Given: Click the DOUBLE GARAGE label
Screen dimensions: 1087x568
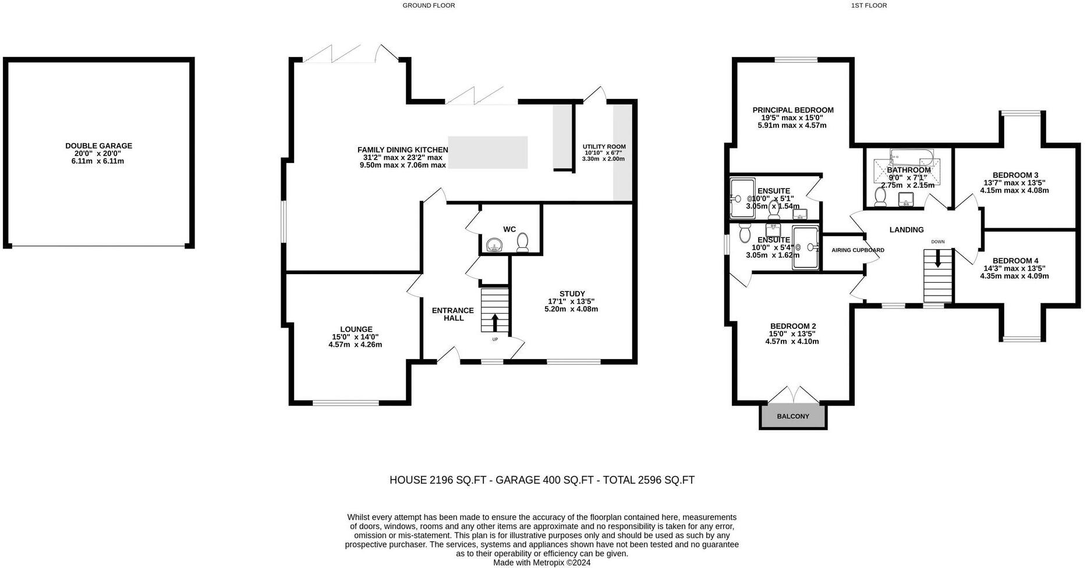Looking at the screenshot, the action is [x=98, y=146].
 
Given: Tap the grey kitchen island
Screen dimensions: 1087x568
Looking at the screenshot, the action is [x=488, y=152].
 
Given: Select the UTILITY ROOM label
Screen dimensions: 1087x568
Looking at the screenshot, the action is [x=604, y=147].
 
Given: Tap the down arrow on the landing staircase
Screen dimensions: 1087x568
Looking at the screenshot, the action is [x=938, y=259].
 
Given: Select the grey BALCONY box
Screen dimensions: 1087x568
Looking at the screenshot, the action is [x=793, y=416].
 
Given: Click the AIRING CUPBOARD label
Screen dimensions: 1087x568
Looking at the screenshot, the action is [x=858, y=250].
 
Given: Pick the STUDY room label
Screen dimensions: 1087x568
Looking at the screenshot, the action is [x=572, y=293].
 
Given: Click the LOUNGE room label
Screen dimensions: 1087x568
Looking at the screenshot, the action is [x=356, y=329].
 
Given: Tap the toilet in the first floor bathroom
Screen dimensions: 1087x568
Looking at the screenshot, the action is [x=880, y=197].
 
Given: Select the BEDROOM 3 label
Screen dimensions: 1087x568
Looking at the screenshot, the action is [x=1015, y=175].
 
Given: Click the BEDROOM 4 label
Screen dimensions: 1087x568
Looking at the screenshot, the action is [x=1015, y=261].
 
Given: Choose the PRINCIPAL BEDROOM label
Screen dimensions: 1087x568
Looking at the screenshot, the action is [x=793, y=110].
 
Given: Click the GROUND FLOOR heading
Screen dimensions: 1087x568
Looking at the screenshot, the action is [x=429, y=5].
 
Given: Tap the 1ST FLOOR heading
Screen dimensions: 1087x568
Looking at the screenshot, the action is [x=869, y=5].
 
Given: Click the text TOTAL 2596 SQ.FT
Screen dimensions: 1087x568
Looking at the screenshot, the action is [x=649, y=480].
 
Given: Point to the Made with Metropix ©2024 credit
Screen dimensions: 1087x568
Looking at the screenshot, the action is [x=542, y=563].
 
